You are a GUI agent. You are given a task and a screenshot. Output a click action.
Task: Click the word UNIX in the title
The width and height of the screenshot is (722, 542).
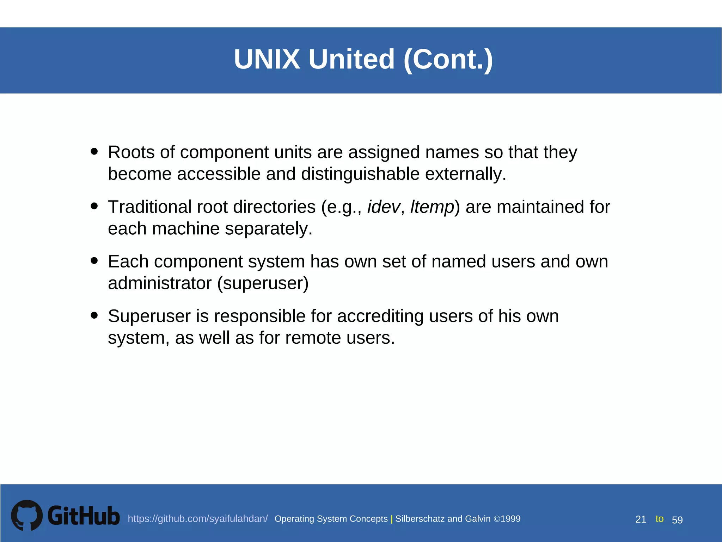coord(267,59)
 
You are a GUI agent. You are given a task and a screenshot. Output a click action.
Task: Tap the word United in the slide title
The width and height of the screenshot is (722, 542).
coord(351,59)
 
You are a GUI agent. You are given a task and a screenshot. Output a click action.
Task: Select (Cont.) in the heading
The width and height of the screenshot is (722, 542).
coord(448,59)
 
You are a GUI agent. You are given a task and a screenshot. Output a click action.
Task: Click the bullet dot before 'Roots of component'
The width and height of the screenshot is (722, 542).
coord(94,151)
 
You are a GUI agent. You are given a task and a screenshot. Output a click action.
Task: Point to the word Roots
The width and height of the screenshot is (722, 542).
coord(131,152)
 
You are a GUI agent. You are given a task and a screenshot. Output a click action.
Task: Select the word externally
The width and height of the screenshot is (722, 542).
coord(465,174)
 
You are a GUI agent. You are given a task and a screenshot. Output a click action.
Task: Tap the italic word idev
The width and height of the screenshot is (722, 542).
coord(384,207)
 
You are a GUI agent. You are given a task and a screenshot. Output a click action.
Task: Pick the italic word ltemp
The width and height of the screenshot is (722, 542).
coord(432,207)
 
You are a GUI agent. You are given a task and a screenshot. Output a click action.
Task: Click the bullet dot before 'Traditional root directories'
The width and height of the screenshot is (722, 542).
coord(94,206)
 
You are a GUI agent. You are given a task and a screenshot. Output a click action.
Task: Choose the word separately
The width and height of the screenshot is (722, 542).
coord(269,229)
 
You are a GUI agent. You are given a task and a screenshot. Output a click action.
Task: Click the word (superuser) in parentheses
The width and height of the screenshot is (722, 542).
coord(263,283)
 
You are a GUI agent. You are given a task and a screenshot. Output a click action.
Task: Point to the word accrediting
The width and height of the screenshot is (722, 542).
coord(380,316)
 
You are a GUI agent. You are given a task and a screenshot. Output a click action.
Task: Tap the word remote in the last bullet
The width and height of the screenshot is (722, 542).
coord(313,338)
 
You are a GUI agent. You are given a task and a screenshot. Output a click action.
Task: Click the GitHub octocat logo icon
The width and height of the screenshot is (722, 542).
coord(27,515)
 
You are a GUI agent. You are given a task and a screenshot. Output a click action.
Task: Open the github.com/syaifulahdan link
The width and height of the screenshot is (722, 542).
coord(197,519)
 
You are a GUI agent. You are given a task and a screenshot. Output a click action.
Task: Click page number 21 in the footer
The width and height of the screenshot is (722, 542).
coord(641,519)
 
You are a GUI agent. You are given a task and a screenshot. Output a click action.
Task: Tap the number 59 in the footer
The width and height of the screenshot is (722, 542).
coord(677,520)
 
